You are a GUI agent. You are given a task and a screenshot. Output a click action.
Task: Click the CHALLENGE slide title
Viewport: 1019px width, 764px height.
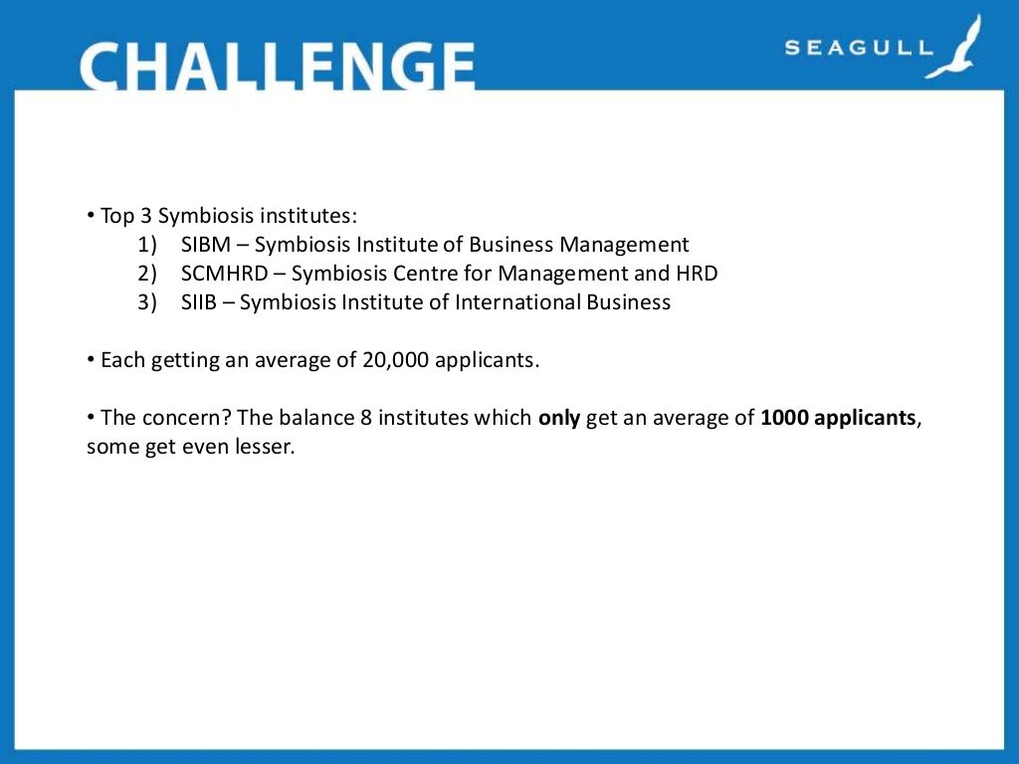click(x=277, y=66)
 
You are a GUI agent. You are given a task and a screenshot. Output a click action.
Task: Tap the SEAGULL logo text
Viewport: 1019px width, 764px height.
click(x=858, y=47)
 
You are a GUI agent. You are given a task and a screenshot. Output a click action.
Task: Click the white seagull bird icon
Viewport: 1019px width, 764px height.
click(x=955, y=47)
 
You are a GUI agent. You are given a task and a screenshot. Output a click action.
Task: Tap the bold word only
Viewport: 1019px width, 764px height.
click(x=559, y=418)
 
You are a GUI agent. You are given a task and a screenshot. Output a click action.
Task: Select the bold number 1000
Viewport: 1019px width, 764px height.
click(x=784, y=418)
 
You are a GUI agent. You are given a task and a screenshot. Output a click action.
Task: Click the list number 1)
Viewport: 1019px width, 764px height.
click(x=148, y=245)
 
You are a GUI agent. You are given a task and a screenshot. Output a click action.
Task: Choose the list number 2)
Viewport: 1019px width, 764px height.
click(x=148, y=274)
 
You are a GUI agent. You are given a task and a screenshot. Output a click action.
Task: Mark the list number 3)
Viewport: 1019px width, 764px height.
click(x=148, y=302)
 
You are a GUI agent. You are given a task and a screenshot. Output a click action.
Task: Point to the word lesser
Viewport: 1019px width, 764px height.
click(x=266, y=447)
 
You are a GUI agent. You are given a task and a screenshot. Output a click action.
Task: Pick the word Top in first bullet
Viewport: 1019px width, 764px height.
click(x=115, y=216)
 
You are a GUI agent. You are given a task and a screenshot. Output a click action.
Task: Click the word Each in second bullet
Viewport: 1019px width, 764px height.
click(x=121, y=360)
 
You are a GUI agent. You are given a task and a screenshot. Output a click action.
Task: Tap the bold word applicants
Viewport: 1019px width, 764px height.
click(x=866, y=419)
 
